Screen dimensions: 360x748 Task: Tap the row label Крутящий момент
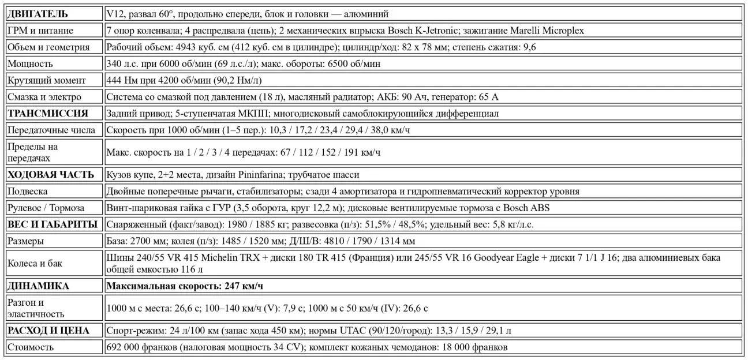tap(46, 80)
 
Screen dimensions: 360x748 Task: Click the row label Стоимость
tap(31, 347)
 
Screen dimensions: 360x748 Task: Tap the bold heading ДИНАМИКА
tap(39, 285)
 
